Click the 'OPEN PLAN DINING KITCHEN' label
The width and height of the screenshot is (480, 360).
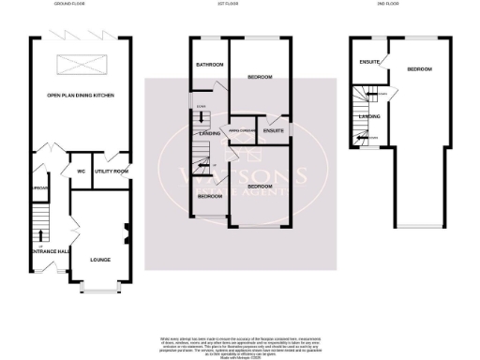coord(81,96)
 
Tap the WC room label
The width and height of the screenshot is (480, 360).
coord(82,172)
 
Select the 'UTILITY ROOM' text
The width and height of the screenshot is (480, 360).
coord(111,172)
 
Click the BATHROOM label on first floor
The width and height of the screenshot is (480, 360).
coord(209,65)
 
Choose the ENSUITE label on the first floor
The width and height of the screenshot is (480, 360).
coord(274,130)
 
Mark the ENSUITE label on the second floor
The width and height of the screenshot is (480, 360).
coord(368,62)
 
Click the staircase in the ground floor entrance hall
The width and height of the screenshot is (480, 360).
coord(38,222)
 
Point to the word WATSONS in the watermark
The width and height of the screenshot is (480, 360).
coord(240,174)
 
